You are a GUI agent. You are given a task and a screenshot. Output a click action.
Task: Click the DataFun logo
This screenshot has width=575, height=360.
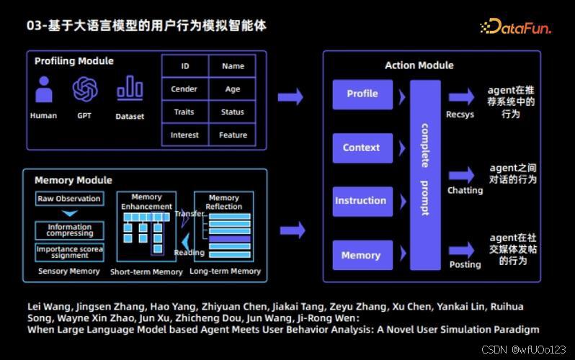(515, 27)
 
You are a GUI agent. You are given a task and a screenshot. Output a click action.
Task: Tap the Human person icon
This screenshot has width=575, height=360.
(44, 90)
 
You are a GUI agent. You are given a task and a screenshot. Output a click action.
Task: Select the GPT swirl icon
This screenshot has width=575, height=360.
(85, 90)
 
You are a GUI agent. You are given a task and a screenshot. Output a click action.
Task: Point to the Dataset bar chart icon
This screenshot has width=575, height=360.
(130, 89)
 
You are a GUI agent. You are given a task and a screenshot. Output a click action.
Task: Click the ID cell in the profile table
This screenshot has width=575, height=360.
(185, 66)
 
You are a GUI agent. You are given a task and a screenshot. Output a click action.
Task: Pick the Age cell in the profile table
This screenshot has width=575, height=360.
(232, 89)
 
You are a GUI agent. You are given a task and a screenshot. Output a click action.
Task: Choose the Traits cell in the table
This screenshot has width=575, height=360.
(184, 112)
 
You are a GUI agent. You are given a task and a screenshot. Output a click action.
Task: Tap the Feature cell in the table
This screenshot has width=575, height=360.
(233, 135)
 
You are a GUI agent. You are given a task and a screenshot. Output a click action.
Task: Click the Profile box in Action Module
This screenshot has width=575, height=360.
(362, 94)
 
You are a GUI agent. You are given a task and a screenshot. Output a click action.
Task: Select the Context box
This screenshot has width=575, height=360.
(362, 148)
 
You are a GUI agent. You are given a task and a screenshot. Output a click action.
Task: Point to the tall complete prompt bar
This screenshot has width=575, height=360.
(425, 175)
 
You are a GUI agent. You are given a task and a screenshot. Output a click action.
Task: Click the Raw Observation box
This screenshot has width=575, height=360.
(68, 198)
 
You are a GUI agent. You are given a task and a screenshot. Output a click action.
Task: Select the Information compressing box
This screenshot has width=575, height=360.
(69, 230)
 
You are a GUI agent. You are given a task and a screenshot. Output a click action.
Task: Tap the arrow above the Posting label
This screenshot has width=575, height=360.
(461, 249)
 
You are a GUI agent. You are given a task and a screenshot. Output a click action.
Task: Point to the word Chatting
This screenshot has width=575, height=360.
(465, 191)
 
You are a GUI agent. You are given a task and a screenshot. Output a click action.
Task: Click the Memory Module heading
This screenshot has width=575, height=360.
(73, 180)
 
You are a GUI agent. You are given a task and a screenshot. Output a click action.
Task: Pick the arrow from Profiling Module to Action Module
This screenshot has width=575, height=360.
(290, 96)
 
